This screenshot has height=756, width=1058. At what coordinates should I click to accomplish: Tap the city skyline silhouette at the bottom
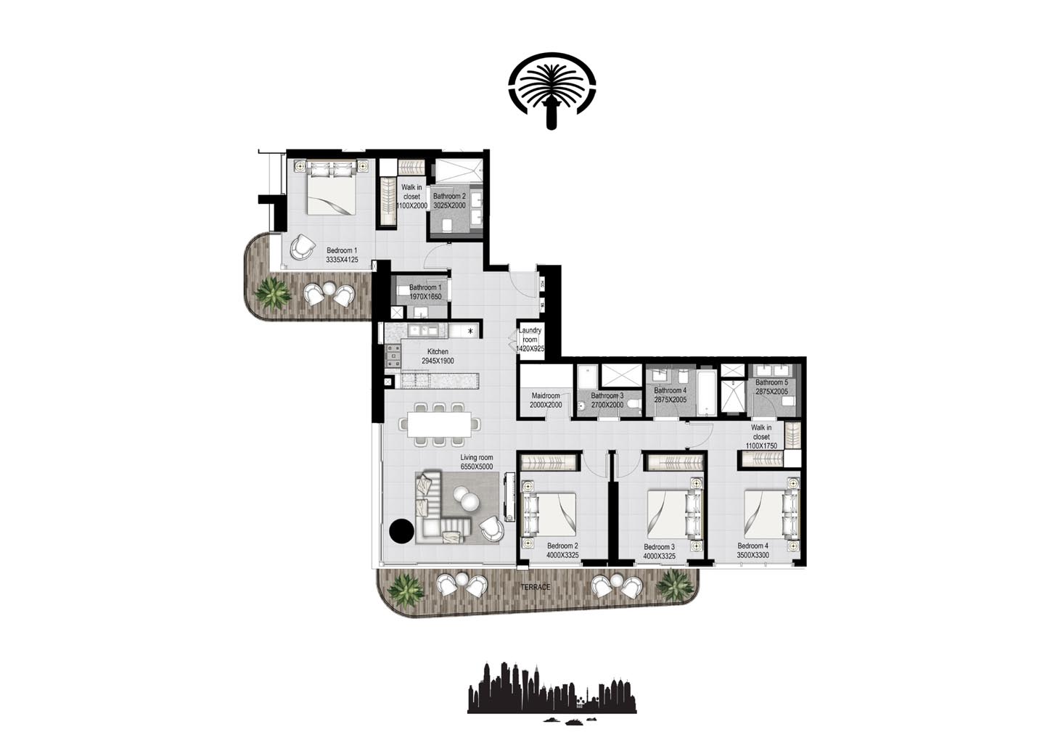(551, 690)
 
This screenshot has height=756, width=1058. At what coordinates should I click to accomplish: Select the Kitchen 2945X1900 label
(438, 356)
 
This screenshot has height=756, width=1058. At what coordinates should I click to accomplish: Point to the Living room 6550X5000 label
(476, 462)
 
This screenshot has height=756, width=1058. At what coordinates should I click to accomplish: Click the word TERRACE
(535, 587)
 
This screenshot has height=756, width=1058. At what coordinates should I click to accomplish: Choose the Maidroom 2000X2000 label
(546, 400)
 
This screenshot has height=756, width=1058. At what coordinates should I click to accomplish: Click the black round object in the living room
(401, 531)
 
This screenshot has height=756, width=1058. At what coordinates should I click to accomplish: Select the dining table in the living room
(439, 424)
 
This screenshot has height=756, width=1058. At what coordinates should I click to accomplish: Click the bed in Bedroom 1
(331, 190)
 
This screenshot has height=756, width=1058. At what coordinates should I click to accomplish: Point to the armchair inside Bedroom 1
(301, 247)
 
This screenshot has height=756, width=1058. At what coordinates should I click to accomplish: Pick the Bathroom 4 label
(670, 395)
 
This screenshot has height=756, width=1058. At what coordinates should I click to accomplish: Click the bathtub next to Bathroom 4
(706, 395)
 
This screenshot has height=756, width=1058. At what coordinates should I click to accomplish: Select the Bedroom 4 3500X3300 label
(753, 551)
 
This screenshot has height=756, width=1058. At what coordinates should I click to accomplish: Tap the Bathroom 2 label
(449, 201)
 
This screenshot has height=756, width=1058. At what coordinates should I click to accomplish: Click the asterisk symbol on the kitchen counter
(471, 332)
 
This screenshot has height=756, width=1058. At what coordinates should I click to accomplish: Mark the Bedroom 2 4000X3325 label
(562, 551)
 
